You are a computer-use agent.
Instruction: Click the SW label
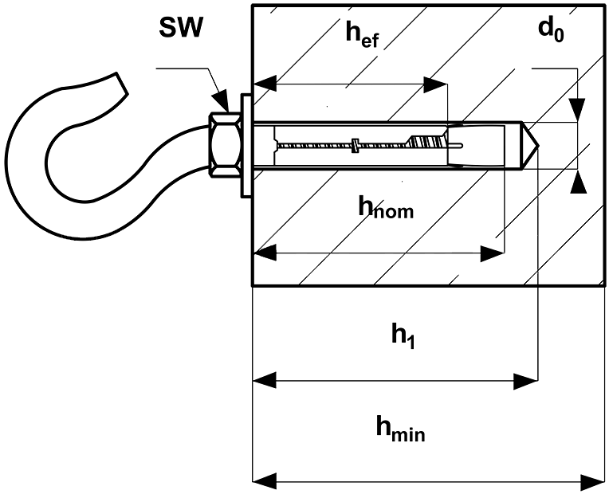pyautogui.click(x=181, y=27)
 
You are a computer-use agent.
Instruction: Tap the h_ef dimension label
pyautogui.click(x=362, y=34)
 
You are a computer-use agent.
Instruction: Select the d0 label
pyautogui.click(x=551, y=30)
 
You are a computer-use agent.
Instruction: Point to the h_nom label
pyautogui.click(x=386, y=209)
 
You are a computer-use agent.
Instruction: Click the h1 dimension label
pyautogui.click(x=403, y=336)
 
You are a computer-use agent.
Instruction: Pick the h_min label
pyautogui.click(x=400, y=429)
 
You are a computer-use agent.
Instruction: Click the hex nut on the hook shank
pyautogui.click(x=226, y=145)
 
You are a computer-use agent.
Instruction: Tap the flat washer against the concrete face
pyautogui.click(x=246, y=145)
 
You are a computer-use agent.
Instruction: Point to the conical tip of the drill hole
pyautogui.click(x=531, y=146)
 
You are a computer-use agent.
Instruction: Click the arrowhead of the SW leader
pyautogui.click(x=221, y=101)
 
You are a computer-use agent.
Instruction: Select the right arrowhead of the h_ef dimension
pyautogui.click(x=435, y=84)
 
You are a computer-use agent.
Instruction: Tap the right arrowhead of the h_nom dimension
pyautogui.click(x=492, y=253)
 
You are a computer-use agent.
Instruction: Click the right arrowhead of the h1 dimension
pyautogui.click(x=525, y=381)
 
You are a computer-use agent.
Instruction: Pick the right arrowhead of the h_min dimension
pyautogui.click(x=593, y=481)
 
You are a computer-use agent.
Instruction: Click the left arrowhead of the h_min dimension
pyautogui.click(x=265, y=481)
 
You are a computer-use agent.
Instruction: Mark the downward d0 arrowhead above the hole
pyautogui.click(x=578, y=110)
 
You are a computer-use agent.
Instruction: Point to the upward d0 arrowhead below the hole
pyautogui.click(x=578, y=182)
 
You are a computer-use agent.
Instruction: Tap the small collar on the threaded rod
pyautogui.click(x=355, y=145)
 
